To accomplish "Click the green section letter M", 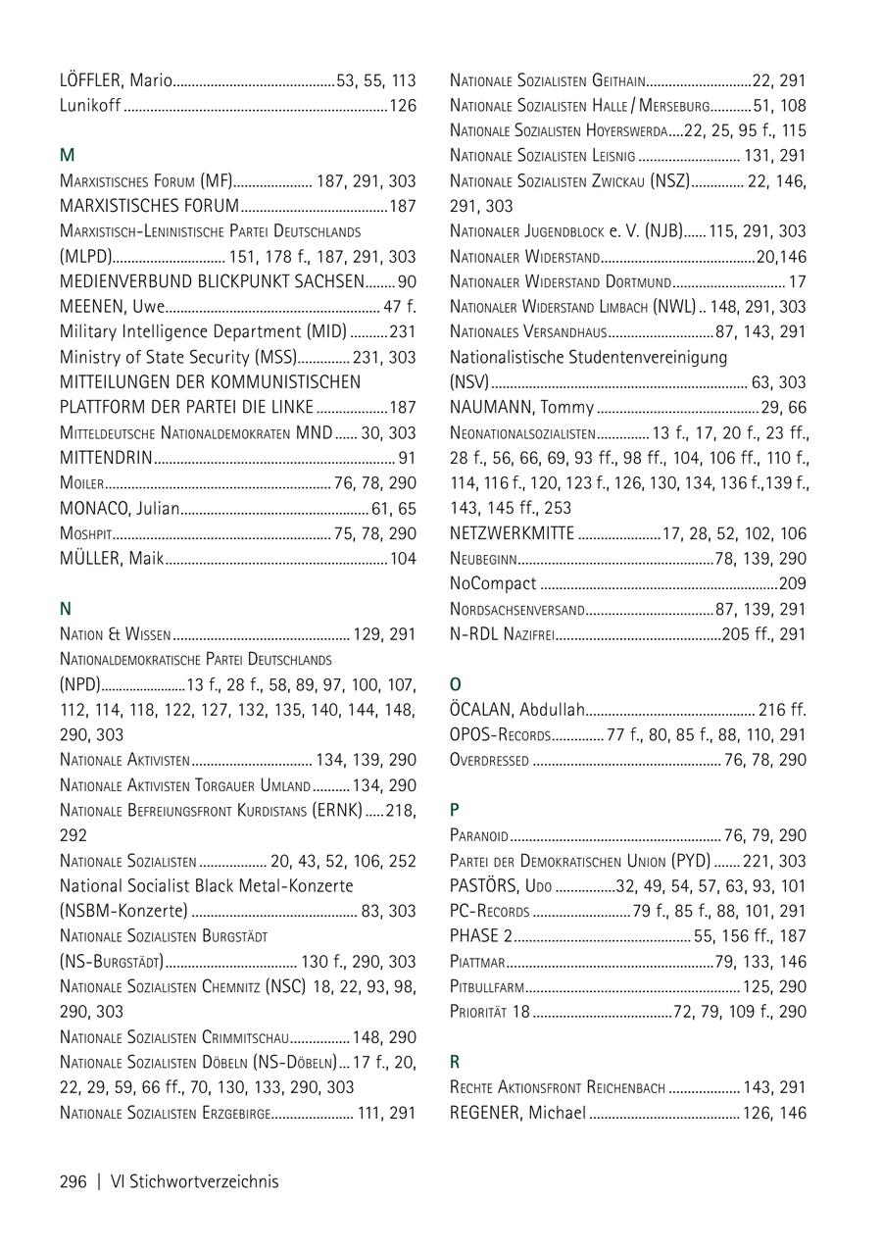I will (67, 155).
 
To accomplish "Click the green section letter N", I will (66, 609).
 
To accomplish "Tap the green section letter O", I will (456, 684).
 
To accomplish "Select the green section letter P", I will (455, 810).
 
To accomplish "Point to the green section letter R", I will (455, 1062).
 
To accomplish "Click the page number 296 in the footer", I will (73, 1181).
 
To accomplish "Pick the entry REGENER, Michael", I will (517, 1113).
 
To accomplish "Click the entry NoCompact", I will (493, 584).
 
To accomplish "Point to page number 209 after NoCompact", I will (792, 584).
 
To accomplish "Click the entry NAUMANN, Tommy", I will (521, 408).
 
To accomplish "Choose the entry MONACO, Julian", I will (120, 509).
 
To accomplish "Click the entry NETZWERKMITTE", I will (512, 533).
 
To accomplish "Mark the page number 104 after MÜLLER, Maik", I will (403, 559).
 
